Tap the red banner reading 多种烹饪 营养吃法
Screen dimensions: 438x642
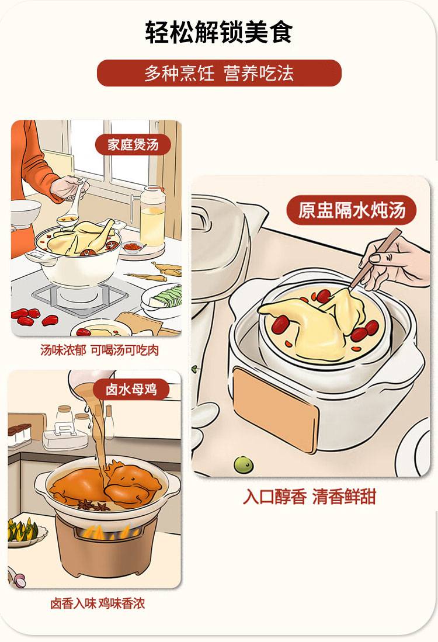[x=219, y=73]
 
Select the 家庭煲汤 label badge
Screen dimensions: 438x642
[x=133, y=144]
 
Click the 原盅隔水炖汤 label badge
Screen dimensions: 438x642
[x=351, y=210]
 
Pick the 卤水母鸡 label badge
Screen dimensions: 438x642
[x=131, y=389]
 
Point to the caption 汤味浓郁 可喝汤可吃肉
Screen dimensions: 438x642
[x=99, y=350]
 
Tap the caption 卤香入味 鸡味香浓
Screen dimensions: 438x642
[x=98, y=603]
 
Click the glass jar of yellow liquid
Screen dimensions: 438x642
[x=152, y=217]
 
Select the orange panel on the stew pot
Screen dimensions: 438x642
[x=275, y=410]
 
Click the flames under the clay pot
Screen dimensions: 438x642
[x=107, y=532]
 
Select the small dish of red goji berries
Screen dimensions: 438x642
[x=134, y=247]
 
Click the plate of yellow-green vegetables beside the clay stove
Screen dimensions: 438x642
[x=25, y=532]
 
